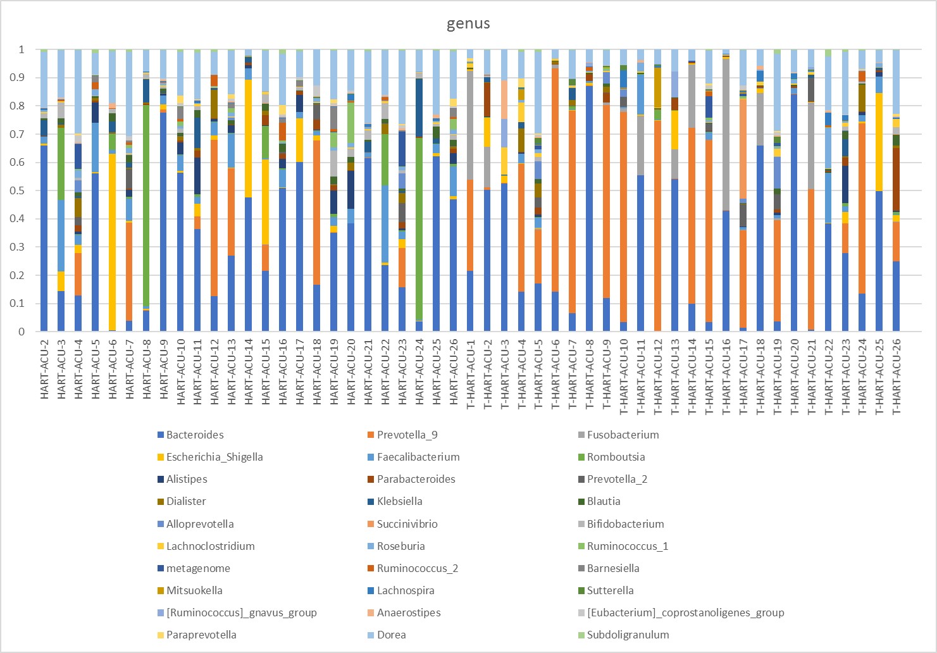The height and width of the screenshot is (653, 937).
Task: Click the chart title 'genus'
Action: pyautogui.click(x=468, y=24)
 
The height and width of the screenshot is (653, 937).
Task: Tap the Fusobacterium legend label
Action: pyautogui.click(x=623, y=435)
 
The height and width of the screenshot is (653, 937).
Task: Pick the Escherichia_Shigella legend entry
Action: pyautogui.click(x=214, y=457)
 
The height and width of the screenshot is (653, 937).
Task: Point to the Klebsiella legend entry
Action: pyautogui.click(x=399, y=501)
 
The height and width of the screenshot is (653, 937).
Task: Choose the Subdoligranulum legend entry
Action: pyautogui.click(x=628, y=635)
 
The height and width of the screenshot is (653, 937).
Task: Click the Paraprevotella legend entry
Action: pyautogui.click(x=201, y=635)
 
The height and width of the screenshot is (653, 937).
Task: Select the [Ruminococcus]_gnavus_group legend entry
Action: pyautogui.click(x=241, y=613)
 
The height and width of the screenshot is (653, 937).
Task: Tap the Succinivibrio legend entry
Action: pyautogui.click(x=407, y=524)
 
